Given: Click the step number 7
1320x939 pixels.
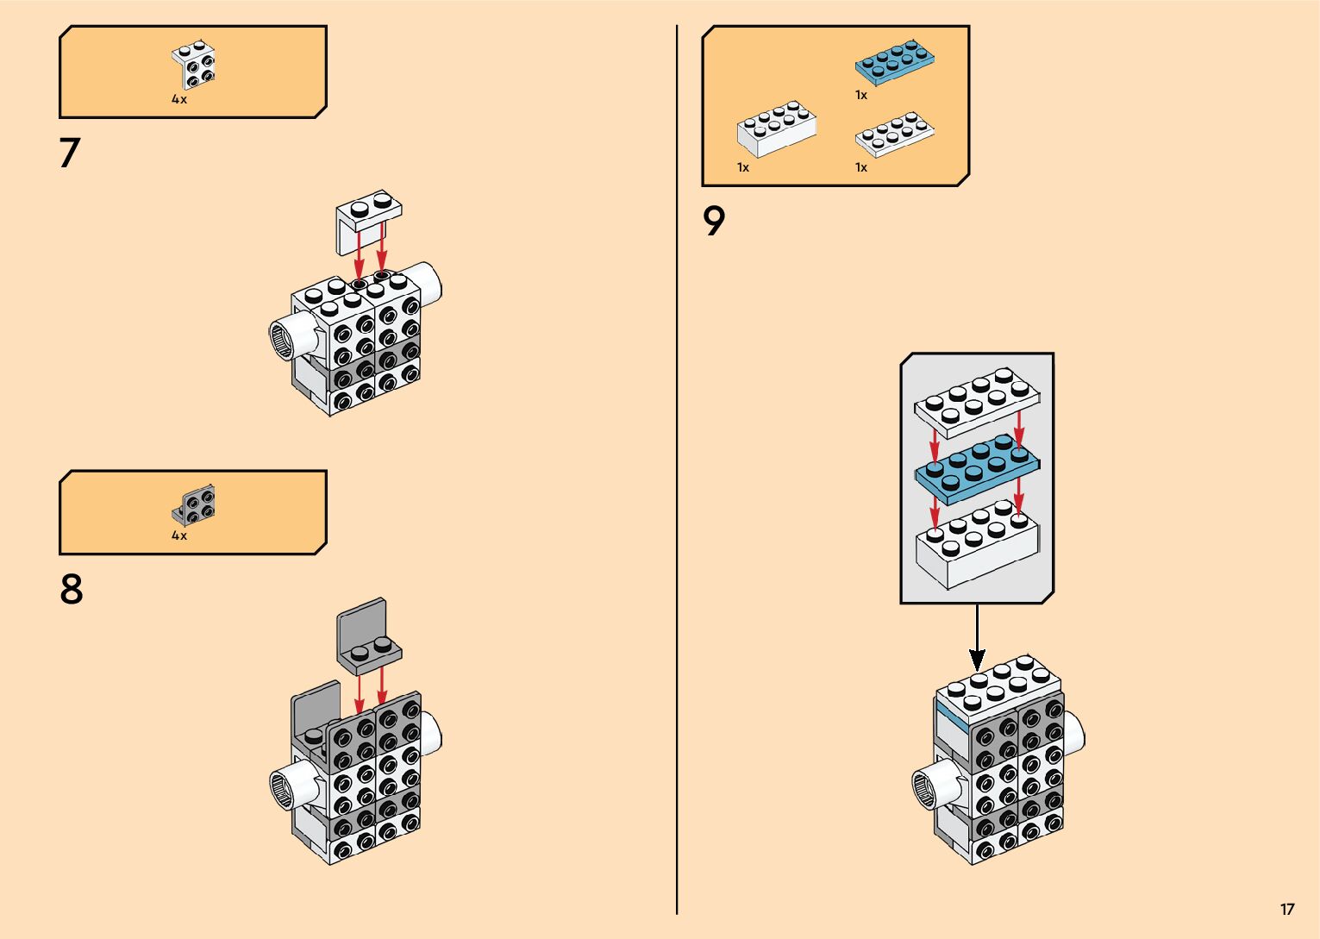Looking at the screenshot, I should click(x=69, y=153).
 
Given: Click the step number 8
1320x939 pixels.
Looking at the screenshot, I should click(x=72, y=590).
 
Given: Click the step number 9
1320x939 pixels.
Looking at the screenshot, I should click(x=714, y=222).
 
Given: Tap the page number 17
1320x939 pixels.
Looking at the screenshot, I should click(x=1286, y=909).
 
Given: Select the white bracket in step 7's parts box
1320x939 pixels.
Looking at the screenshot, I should click(x=195, y=65).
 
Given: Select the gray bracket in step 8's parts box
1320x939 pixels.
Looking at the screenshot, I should click(x=195, y=504).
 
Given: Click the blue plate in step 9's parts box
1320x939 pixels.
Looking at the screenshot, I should click(x=895, y=62).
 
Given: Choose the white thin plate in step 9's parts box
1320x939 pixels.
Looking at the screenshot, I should click(x=894, y=134).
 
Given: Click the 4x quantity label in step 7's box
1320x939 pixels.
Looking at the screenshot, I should click(x=179, y=99).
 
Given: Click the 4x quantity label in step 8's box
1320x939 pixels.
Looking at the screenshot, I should click(x=179, y=535).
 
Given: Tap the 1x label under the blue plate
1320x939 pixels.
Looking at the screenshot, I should click(x=861, y=95).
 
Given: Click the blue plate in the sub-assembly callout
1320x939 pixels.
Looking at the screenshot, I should click(x=977, y=469).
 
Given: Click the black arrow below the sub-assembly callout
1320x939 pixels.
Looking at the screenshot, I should click(x=977, y=638).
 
